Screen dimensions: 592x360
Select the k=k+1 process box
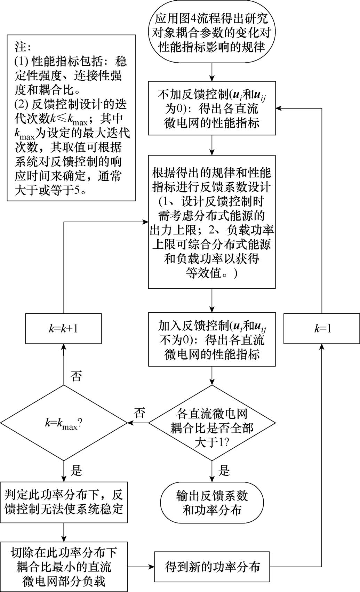coord(63,328)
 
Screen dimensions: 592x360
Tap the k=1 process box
coord(322,328)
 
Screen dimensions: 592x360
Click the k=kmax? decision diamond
coord(64,423)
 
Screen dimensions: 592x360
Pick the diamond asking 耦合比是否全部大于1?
coord(212,423)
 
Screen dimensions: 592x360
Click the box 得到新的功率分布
coord(212,567)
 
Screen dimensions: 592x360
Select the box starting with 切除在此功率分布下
coord(64,567)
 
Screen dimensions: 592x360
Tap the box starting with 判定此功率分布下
coord(64,502)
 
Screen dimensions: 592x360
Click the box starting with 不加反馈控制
coord(212,108)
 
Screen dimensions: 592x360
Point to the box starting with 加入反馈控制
coord(212,339)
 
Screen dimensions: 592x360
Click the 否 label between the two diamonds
coord(139,413)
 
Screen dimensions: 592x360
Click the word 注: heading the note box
coord(23,47)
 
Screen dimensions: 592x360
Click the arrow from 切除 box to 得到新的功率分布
coord(141,567)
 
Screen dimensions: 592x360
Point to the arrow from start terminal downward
coord(212,72)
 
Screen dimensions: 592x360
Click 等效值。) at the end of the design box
coord(212,273)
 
